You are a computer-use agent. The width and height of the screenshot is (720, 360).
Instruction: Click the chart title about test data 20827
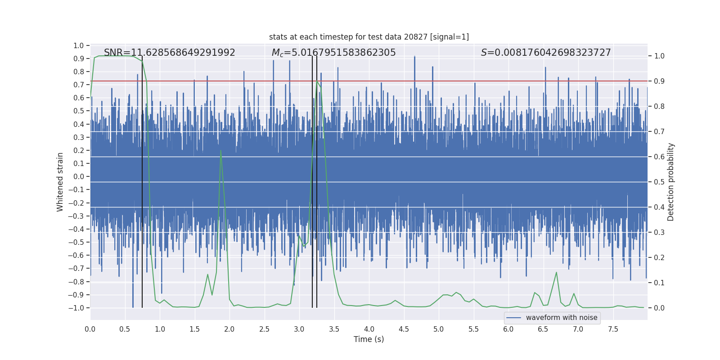tap(369, 37)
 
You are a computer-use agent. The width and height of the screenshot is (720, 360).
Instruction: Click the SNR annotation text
tap(169, 53)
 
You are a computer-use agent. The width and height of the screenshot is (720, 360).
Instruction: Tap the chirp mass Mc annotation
tap(333, 53)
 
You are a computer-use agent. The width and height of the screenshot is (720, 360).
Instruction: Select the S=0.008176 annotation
tap(545, 53)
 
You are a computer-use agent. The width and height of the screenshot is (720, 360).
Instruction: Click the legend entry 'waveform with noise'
tap(561, 318)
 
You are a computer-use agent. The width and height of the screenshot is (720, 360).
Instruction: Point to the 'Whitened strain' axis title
tap(60, 182)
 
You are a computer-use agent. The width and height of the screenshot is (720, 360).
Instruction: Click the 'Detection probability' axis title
tap(671, 182)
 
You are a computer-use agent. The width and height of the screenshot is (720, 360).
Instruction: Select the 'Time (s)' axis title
tap(369, 339)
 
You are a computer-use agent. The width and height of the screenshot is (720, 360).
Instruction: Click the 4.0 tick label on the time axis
tap(369, 329)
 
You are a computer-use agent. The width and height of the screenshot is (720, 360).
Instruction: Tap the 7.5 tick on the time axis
tap(613, 329)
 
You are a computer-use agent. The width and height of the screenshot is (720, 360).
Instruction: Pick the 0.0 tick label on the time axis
tap(90, 329)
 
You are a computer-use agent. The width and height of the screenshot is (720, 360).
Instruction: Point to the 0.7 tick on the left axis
tap(79, 85)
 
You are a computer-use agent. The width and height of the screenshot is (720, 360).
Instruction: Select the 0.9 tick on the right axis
tap(659, 81)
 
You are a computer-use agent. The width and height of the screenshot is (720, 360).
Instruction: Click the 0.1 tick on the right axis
tap(659, 283)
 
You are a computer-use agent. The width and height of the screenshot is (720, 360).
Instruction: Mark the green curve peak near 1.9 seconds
tap(220, 151)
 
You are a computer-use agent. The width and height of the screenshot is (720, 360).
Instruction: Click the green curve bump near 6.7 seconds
tap(556, 272)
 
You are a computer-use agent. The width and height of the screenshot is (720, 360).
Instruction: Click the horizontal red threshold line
tap(450, 81)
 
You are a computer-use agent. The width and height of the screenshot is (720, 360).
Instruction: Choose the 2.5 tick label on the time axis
tap(264, 329)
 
